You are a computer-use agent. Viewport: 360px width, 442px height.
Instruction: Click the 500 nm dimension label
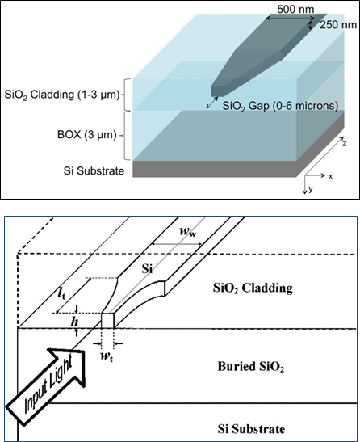[295, 10]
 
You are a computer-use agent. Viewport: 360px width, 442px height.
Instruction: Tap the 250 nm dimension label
[338, 25]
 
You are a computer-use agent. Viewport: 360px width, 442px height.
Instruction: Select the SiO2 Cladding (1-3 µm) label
[62, 95]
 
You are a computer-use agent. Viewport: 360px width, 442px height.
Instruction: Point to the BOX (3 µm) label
[86, 135]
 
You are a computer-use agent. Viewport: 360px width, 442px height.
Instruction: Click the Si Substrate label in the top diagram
[94, 170]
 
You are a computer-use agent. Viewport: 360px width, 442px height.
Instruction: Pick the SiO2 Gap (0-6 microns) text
[280, 107]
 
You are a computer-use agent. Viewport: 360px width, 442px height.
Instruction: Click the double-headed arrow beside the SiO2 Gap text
[212, 103]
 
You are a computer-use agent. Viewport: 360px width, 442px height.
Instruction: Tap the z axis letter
[344, 143]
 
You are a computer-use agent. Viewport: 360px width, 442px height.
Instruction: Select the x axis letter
[330, 177]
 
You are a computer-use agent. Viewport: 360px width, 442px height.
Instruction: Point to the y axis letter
[311, 189]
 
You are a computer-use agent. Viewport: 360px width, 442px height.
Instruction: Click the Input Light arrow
[45, 386]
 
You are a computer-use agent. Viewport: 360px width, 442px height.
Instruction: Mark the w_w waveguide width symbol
[188, 232]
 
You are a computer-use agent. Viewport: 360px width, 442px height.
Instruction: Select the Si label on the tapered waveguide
[148, 269]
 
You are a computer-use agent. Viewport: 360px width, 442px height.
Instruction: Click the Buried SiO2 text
[251, 367]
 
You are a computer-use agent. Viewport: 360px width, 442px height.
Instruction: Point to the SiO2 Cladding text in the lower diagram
[253, 288]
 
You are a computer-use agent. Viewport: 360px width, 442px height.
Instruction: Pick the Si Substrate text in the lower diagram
[251, 429]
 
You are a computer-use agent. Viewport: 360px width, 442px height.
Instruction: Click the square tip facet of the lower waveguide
[107, 321]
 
